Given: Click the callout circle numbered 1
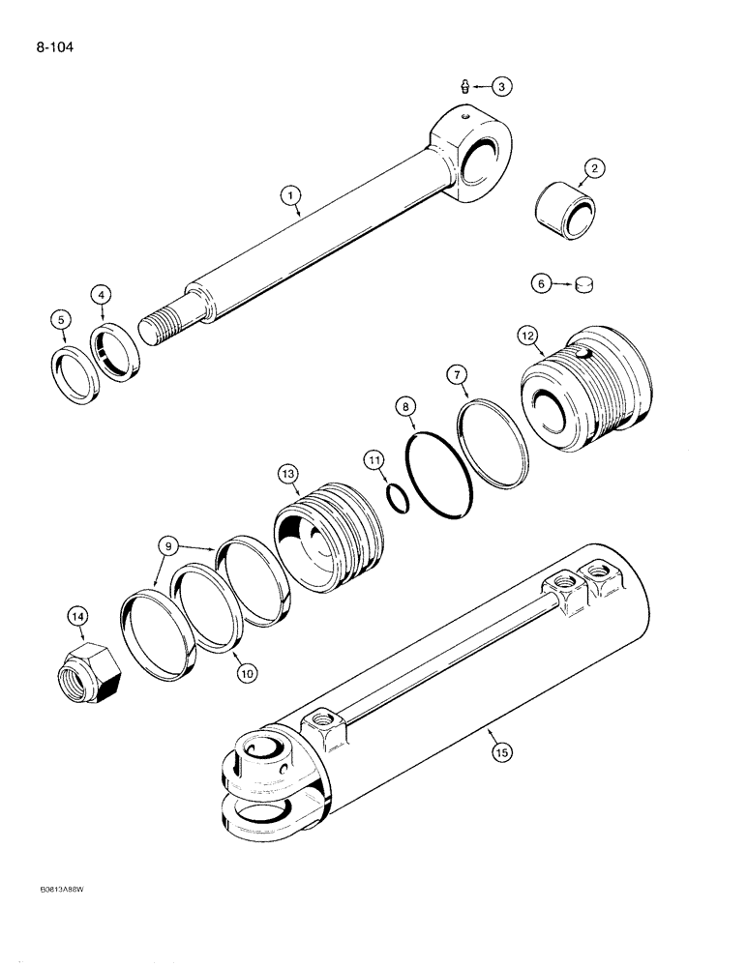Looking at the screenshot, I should (289, 196).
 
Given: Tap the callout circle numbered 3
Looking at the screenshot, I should (500, 87).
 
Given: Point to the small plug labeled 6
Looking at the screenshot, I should (583, 284).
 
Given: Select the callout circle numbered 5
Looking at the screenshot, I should (63, 320).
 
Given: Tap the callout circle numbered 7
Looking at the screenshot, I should (457, 373).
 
